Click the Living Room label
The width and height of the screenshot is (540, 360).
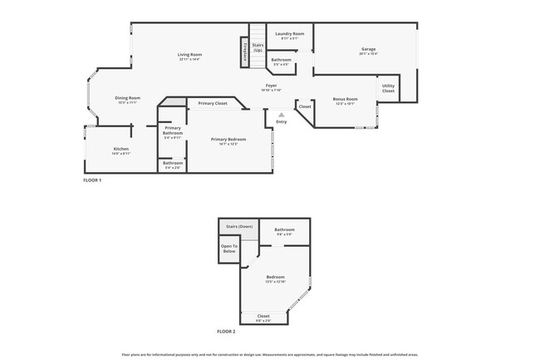pyautogui.click(x=189, y=55)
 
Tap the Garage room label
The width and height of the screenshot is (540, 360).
pyautogui.click(x=367, y=49)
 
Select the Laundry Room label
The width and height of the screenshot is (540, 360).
pyautogui.click(x=290, y=33)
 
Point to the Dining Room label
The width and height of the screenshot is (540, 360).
pyautogui.click(x=127, y=98)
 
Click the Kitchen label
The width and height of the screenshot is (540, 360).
pyautogui.click(x=121, y=149)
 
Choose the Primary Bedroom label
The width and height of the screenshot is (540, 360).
pyautogui.click(x=228, y=139)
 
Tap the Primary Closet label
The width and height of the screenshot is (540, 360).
pyautogui.click(x=213, y=103)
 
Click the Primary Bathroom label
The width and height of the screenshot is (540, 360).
pyautogui.click(x=173, y=131)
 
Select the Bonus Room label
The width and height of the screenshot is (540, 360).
pyautogui.click(x=345, y=99)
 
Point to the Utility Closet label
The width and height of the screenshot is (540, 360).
pyautogui.click(x=388, y=88)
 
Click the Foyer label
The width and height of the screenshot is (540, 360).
pyautogui.click(x=271, y=85)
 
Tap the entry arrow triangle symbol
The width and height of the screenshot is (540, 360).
pyautogui.click(x=282, y=115)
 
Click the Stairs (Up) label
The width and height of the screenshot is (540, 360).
pyautogui.click(x=258, y=47)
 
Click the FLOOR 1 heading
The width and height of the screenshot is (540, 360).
pyautogui.click(x=92, y=180)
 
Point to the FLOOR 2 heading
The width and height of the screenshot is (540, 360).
pyautogui.click(x=226, y=331)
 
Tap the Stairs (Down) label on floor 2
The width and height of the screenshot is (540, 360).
pyautogui.click(x=239, y=226)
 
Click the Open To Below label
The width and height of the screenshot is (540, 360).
pyautogui.click(x=229, y=248)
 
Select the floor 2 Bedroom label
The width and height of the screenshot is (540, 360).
pyautogui.click(x=275, y=277)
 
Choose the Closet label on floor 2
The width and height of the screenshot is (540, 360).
pyautogui.click(x=263, y=316)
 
